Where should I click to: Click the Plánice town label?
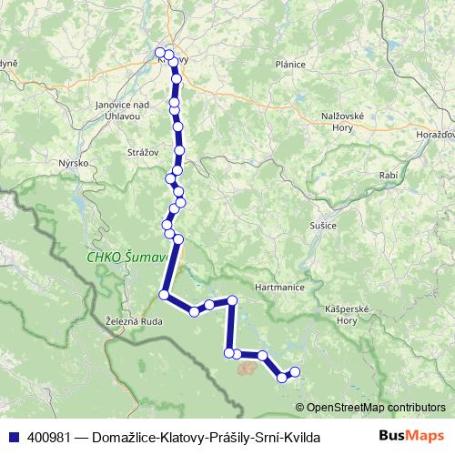pos(289,65)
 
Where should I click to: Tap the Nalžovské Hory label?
pos(343,123)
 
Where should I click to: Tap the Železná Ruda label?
pos(133,321)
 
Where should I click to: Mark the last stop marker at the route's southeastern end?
pos(294,371)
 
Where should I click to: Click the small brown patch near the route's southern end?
pos(247,369)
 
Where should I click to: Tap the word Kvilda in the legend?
pos(301,437)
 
